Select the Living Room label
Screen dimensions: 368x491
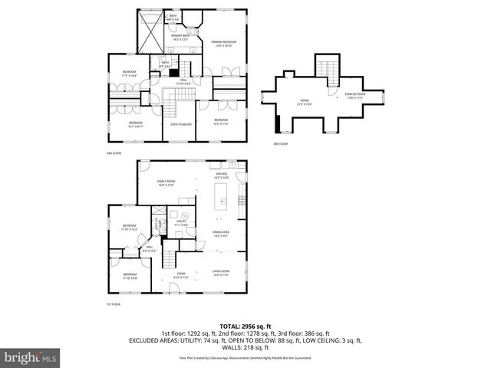click(221, 274)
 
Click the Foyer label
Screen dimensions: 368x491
click(181, 274)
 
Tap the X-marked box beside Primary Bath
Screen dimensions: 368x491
click(148, 34)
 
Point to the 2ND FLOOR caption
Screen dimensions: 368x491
click(114, 153)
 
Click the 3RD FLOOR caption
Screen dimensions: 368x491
click(281, 143)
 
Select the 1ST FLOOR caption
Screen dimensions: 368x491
click(114, 304)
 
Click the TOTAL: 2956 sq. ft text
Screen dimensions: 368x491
click(245, 326)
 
